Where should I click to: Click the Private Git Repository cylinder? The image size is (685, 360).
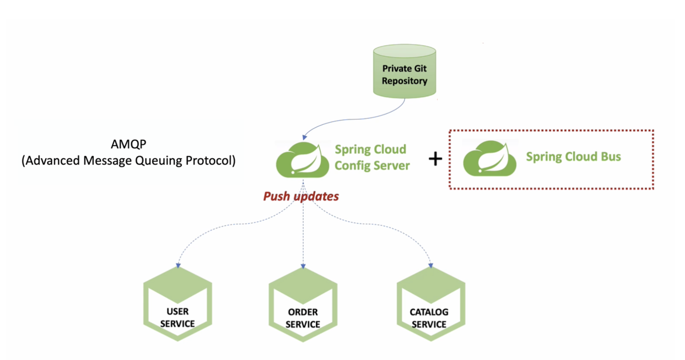click(404, 72)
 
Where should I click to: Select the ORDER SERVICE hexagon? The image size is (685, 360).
click(303, 305)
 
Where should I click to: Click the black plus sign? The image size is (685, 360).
click(435, 159)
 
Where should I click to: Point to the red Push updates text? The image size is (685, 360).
click(301, 197)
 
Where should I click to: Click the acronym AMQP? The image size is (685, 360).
click(129, 144)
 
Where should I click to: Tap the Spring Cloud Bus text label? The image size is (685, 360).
click(573, 157)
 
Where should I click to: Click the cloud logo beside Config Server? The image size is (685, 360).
click(302, 160)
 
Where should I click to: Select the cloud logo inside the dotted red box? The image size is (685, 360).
click(489, 159)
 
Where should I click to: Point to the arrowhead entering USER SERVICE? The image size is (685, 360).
click(178, 265)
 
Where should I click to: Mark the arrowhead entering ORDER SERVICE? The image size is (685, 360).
click(303, 266)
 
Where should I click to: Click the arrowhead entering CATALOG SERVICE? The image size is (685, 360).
click(431, 265)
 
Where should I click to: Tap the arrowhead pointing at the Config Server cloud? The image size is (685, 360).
click(305, 137)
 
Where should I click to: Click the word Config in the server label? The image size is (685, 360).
click(352, 166)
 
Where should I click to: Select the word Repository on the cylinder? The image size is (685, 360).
click(404, 81)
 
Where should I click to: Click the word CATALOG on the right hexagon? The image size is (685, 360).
click(429, 312)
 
